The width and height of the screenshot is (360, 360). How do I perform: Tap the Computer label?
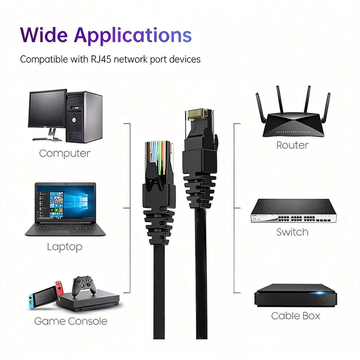tap(64, 153)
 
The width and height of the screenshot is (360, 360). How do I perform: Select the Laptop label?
tap(64, 247)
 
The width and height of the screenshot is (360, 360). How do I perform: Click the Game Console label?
tap(70, 321)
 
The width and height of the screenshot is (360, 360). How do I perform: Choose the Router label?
tap(292, 145)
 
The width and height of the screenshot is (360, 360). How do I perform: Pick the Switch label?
tap(292, 232)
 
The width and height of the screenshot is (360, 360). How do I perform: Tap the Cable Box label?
tap(296, 316)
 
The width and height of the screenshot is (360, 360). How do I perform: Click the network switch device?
tap(294, 212)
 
